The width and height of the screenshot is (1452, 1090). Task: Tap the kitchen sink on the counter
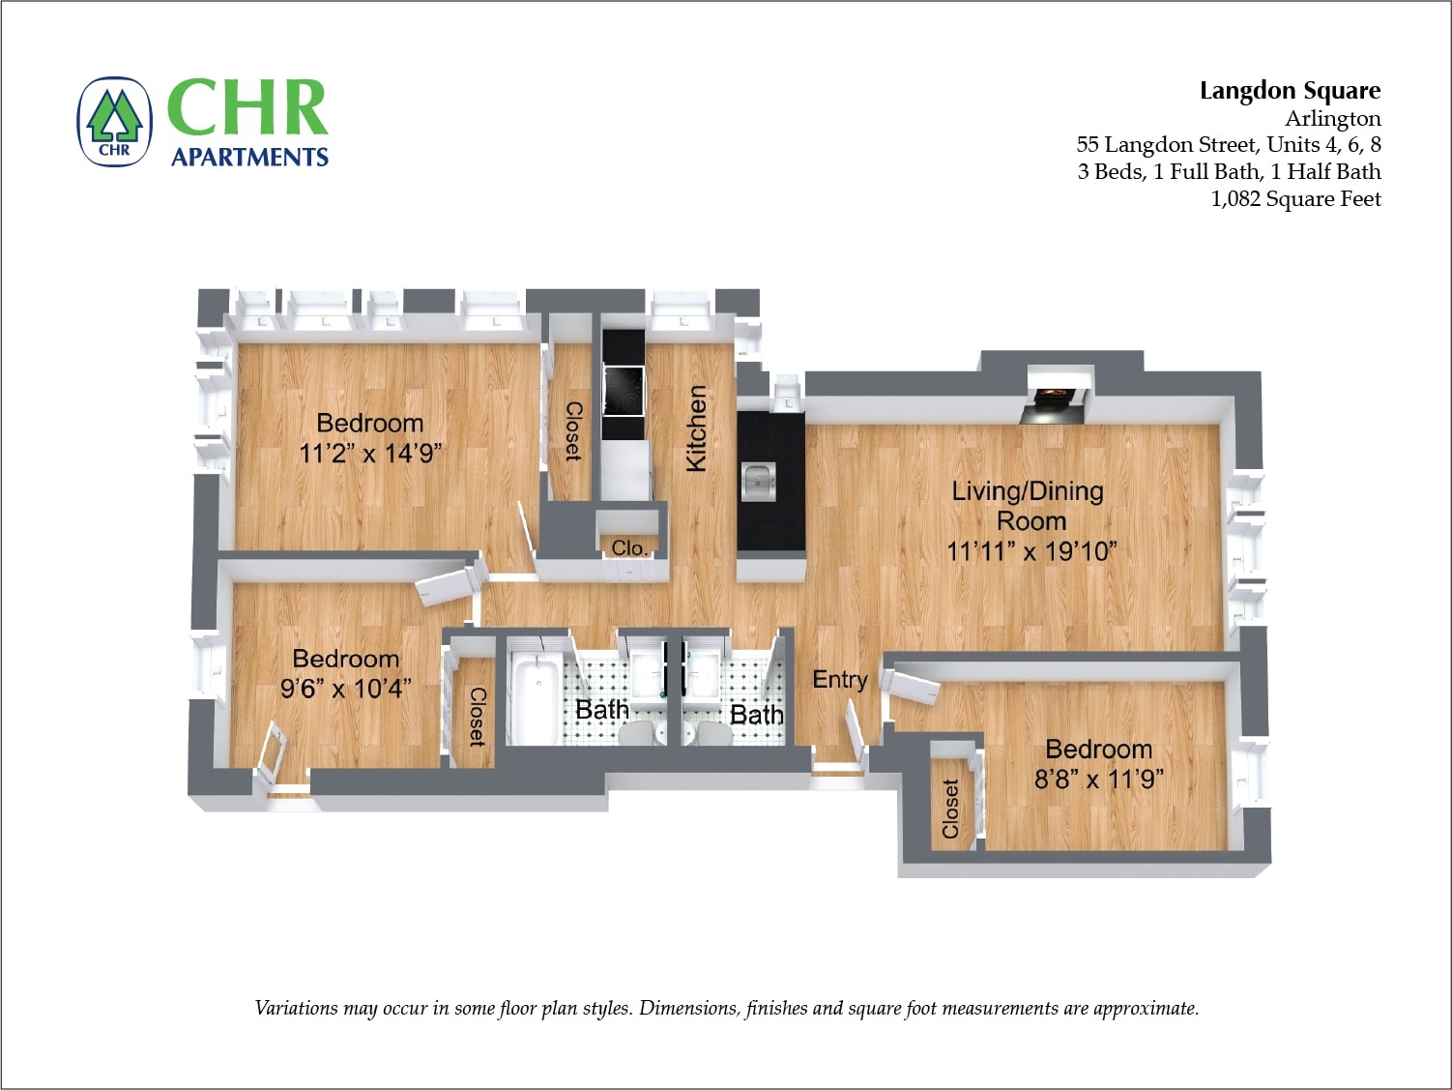click(759, 481)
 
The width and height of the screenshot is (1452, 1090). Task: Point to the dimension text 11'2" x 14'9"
click(370, 453)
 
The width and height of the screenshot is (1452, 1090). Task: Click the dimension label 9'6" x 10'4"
click(345, 688)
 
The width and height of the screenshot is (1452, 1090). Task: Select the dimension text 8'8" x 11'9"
click(1099, 779)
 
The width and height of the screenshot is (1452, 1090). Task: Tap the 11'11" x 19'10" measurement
click(1031, 551)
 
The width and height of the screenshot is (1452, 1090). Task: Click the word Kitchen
click(696, 428)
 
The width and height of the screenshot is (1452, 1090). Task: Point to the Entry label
click(839, 680)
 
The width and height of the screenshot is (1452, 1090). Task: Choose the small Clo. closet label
click(629, 547)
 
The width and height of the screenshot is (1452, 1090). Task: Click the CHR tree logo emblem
click(115, 122)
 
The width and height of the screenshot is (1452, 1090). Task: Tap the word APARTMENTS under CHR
click(249, 157)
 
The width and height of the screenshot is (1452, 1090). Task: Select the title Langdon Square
click(1290, 91)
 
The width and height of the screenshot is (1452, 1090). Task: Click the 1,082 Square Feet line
click(1295, 199)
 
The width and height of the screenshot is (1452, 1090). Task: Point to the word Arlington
click(1332, 119)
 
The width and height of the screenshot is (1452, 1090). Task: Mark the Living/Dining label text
click(1028, 490)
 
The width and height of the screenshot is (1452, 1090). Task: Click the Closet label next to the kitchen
click(572, 431)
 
